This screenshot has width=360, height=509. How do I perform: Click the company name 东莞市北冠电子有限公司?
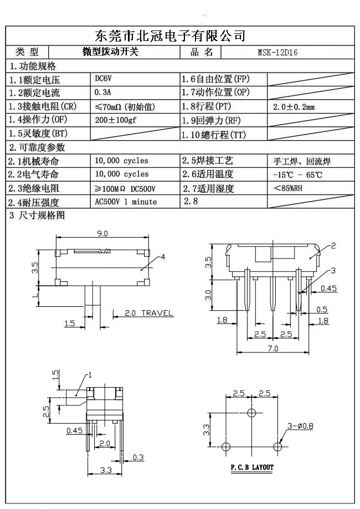171,37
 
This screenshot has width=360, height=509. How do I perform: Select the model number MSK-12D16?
277,53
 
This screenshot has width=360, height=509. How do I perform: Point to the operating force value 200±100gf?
119,120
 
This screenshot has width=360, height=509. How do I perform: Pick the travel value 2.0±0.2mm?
294,106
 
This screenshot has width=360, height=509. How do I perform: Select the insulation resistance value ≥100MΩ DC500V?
125,189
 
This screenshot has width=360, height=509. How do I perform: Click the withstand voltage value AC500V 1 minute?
126,202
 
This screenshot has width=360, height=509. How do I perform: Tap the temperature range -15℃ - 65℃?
297,175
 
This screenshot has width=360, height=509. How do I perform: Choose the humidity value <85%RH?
288,188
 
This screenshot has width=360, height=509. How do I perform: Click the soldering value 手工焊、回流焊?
302,162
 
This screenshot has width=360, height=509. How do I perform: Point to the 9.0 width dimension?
102,234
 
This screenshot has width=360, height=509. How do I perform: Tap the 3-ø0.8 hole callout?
300,426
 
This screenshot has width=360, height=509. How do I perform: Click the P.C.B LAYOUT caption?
252,467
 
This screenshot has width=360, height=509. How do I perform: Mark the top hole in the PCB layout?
252,413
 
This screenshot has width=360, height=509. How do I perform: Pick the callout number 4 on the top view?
163,256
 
